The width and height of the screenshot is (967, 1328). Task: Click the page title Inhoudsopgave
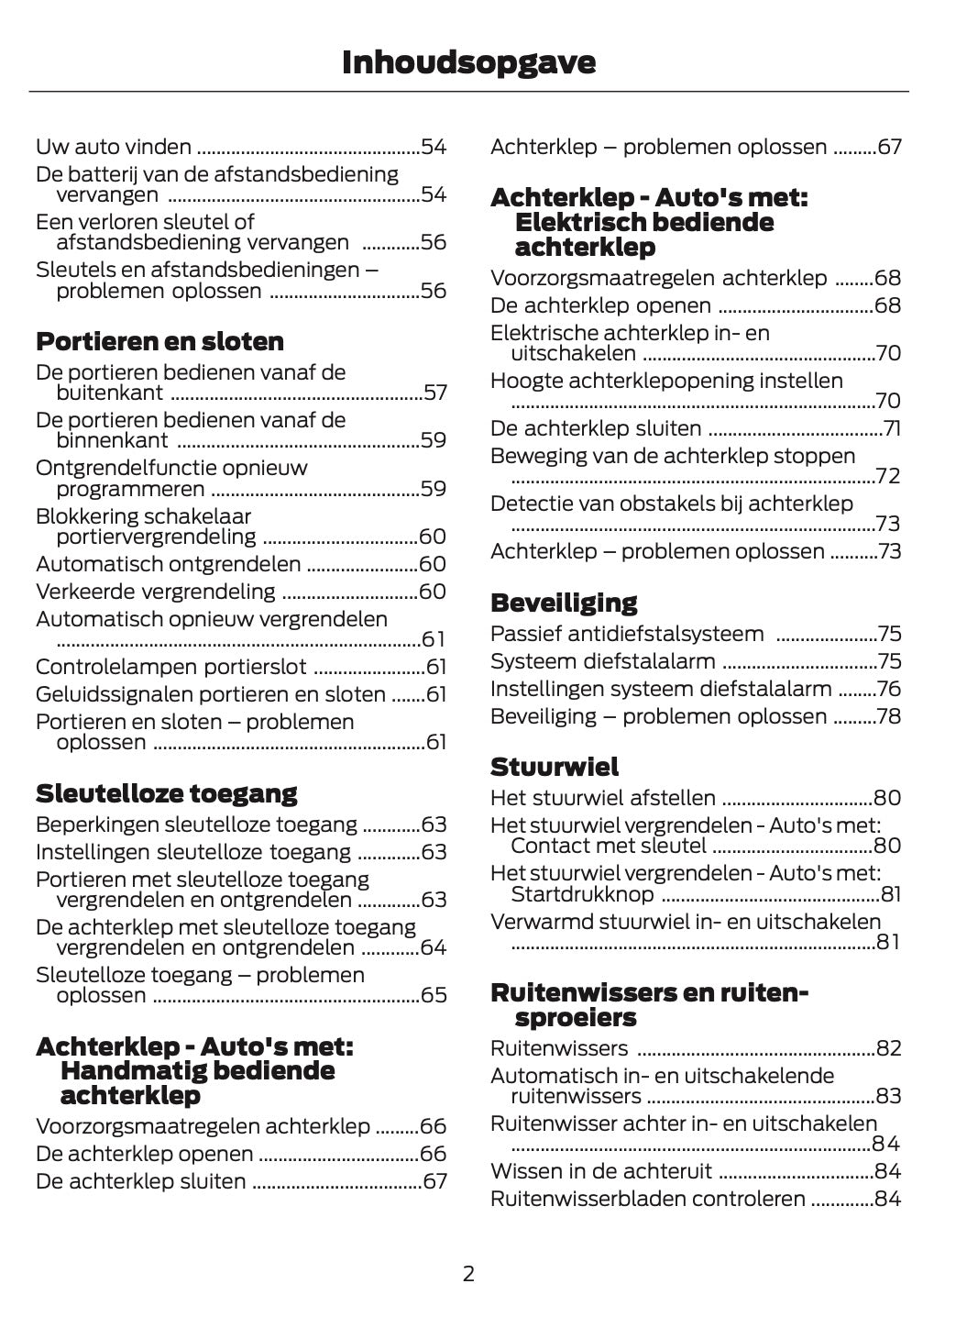coord(468,62)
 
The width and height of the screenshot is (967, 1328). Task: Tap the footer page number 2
coord(468,1273)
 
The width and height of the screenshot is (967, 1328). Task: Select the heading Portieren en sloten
coord(159,341)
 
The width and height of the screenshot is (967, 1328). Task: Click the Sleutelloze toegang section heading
coord(166,793)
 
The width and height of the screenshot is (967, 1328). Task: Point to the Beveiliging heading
coord(564,603)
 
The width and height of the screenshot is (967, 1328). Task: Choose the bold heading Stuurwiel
coord(555,767)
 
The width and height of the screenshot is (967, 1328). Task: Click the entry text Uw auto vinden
coord(114,147)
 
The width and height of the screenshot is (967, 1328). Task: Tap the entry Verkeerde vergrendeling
coord(155,592)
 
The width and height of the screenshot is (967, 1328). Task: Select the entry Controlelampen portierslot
coord(170,667)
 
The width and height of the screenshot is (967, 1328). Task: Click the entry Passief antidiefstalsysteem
coord(627,634)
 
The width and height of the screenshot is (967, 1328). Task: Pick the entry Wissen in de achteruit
coord(601,1171)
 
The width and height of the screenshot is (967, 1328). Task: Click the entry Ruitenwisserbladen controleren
coord(648,1199)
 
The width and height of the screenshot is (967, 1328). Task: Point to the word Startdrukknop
coord(582,894)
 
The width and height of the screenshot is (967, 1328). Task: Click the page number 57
coord(435,393)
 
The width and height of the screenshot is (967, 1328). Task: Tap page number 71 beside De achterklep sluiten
coord(892,428)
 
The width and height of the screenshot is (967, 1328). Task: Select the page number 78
coord(889,716)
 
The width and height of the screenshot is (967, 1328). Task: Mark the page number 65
coord(434,995)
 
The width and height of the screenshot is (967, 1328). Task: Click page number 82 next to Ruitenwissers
coord(889,1048)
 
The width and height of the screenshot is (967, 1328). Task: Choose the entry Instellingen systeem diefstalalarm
coord(661,689)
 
